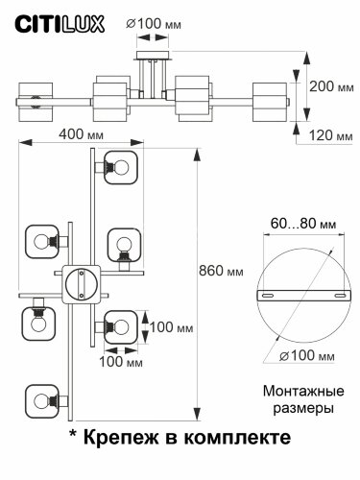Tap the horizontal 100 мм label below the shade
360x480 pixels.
[x=117, y=362]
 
